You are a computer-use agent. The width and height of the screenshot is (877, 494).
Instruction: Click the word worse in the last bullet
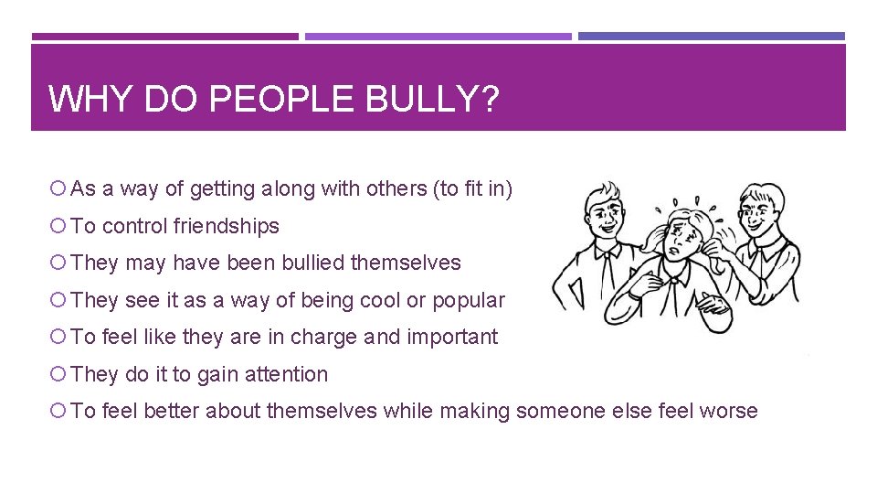pos(728,411)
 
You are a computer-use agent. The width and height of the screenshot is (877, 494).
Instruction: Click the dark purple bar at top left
pos(164,37)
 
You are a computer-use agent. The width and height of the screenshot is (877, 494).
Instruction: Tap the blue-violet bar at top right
pos(712,37)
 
